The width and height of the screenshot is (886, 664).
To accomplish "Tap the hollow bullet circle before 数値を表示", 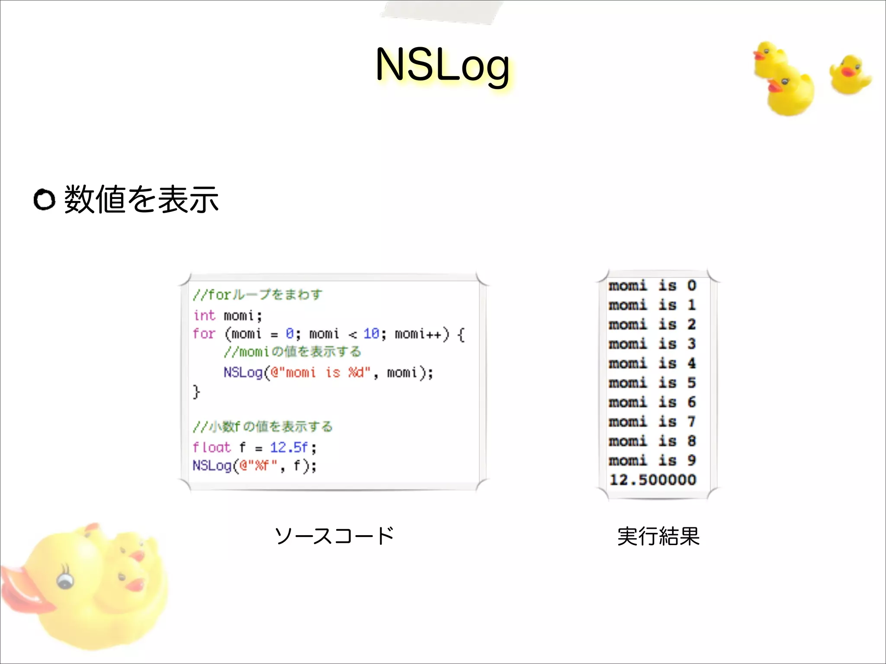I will [44, 200].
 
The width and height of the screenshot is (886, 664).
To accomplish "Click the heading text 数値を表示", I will [141, 199].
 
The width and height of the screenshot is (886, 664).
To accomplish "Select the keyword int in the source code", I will [204, 316].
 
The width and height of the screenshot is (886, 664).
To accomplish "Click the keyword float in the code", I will [212, 447].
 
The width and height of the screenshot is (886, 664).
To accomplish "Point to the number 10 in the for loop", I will [371, 334].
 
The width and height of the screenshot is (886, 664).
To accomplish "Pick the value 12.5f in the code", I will [289, 447].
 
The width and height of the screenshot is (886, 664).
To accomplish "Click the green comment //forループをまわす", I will [257, 295].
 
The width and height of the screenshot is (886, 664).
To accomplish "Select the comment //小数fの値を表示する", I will [263, 427].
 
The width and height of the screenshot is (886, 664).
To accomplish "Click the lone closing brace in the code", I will [196, 392].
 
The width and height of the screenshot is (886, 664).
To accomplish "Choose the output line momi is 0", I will [652, 286].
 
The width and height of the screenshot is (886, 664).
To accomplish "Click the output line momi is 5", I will [652, 383].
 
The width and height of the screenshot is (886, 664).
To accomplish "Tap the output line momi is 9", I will [652, 460].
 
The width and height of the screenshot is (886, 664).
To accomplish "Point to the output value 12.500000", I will [653, 480].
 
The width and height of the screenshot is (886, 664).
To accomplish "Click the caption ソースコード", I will [334, 536].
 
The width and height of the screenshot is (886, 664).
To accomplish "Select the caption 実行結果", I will [658, 536].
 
